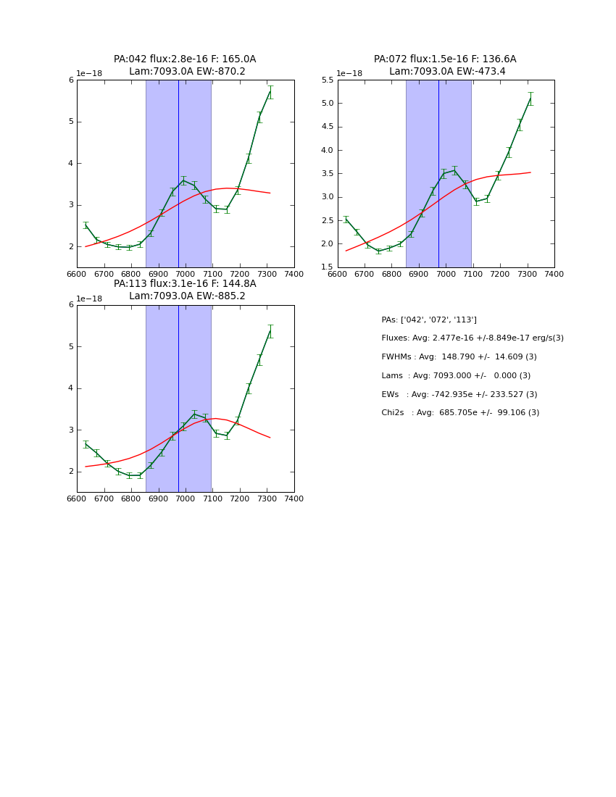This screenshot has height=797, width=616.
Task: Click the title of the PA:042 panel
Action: pyautogui.click(x=185, y=65)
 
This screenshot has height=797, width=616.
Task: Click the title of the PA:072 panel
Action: pyautogui.click(x=445, y=65)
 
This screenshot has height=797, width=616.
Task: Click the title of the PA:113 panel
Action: pyautogui.click(x=185, y=290)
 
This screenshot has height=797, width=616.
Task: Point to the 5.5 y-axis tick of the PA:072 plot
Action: pyautogui.click(x=326, y=80)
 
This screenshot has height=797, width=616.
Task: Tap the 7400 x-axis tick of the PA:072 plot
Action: pyautogui.click(x=554, y=274)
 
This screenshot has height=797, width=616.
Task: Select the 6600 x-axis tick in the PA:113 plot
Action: pyautogui.click(x=77, y=498)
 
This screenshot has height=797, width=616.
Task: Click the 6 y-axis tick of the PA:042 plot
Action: pyautogui.click(x=72, y=80)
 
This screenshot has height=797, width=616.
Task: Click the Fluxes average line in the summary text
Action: pyautogui.click(x=472, y=338)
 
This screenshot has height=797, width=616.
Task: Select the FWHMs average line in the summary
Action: pyautogui.click(x=459, y=357)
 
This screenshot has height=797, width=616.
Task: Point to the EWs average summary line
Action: pyautogui.click(x=459, y=395)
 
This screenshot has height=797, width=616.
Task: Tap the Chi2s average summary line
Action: pyautogui.click(x=460, y=413)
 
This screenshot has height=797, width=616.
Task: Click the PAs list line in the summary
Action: pyautogui.click(x=429, y=320)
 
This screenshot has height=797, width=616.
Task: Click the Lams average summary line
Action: pyautogui.click(x=456, y=376)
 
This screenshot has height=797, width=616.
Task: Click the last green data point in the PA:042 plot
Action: pyautogui.click(x=270, y=92)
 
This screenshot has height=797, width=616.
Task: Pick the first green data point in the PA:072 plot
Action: pyautogui.click(x=346, y=220)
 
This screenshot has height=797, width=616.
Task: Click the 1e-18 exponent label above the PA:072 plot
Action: pyautogui.click(x=349, y=74)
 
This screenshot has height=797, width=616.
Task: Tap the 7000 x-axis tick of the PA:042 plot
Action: pyautogui.click(x=186, y=274)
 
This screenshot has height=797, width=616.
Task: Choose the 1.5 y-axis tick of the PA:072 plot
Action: pyautogui.click(x=326, y=267)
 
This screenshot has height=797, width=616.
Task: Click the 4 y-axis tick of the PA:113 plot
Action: pyautogui.click(x=72, y=388)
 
